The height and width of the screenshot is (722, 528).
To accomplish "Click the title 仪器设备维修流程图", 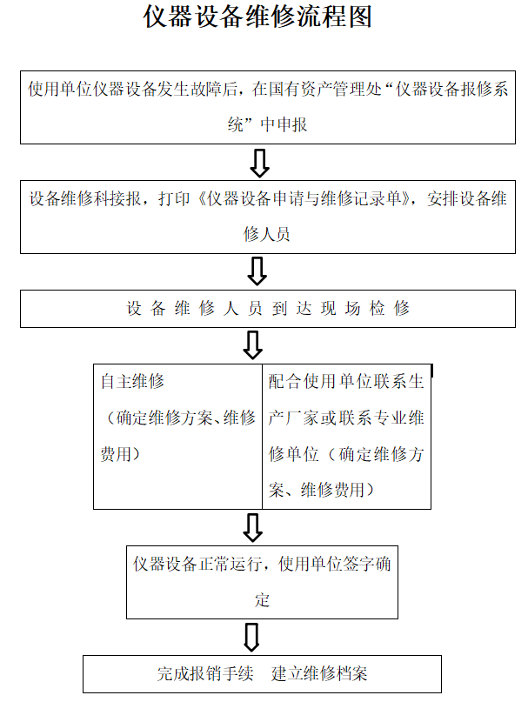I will [257, 17].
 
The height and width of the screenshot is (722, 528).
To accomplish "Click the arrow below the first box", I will [259, 163].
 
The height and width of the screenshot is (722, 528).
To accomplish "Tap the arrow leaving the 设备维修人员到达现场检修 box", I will [253, 344].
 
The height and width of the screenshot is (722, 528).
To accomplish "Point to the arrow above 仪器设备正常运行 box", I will [253, 527].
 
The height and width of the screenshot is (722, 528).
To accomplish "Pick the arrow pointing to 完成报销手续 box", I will [251, 637].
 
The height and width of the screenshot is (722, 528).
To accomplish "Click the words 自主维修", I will [132, 382].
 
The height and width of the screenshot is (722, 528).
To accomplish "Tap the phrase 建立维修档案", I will [319, 674].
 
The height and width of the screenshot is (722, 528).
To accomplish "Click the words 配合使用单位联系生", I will [346, 382].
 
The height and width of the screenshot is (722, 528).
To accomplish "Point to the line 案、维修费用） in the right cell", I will [321, 490].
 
